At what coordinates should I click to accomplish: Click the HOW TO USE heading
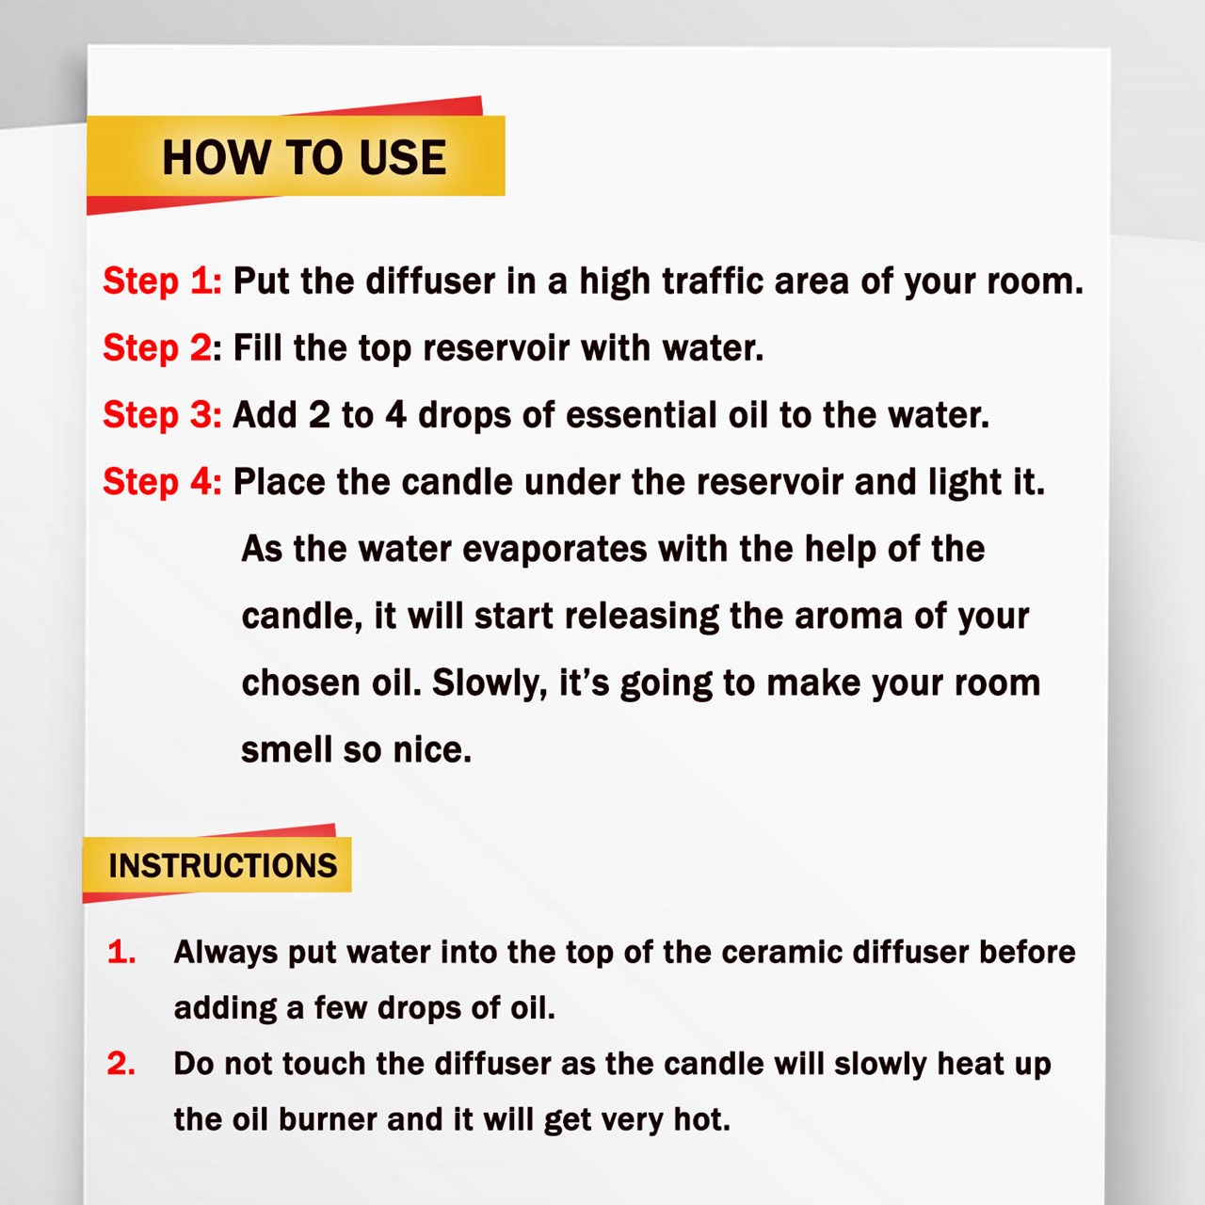coord(304,157)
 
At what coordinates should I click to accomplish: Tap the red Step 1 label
coord(162,281)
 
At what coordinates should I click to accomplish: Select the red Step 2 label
coord(158,348)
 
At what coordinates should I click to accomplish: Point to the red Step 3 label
coord(162,415)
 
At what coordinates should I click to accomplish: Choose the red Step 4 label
coord(162,482)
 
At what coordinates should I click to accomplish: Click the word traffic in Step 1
coord(713,281)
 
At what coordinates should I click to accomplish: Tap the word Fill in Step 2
coord(257,347)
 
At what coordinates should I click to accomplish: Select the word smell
coord(287,749)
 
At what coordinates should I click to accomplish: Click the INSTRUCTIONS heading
coord(222,866)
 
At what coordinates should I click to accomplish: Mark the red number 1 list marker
coord(121,953)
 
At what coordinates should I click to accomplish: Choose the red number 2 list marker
coord(121,1064)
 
